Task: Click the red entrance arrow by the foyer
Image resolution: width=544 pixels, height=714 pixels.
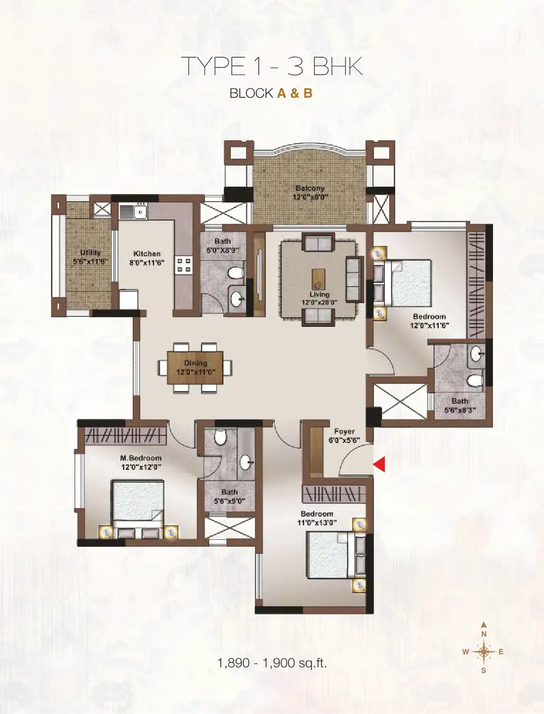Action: coord(380,464)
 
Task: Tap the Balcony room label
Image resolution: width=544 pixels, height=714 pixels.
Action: coord(310,188)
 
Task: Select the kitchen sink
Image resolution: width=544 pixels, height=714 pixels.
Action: coord(140,212)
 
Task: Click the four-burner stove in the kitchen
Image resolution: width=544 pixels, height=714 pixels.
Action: coord(183,265)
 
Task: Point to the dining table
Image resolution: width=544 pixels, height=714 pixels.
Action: coord(195,367)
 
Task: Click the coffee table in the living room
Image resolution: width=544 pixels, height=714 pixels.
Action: coord(318,279)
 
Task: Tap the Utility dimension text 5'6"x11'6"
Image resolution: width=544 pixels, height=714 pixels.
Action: coord(90,262)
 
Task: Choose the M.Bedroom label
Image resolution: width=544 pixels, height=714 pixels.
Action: coord(141,459)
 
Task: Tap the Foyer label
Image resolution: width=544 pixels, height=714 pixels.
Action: coord(344,431)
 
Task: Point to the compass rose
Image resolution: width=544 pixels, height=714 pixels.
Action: coord(484,651)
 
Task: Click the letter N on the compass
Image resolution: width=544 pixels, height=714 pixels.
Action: coord(484,634)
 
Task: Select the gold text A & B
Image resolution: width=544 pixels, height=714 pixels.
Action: coord(295,93)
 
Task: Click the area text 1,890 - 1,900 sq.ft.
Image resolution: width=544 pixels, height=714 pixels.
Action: coord(272,663)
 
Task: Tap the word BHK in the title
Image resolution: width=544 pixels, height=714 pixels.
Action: coord(337,67)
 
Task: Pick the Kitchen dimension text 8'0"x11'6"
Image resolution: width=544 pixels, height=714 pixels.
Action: coord(147,263)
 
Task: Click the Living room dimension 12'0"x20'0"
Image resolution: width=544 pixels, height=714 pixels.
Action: coord(319,302)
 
